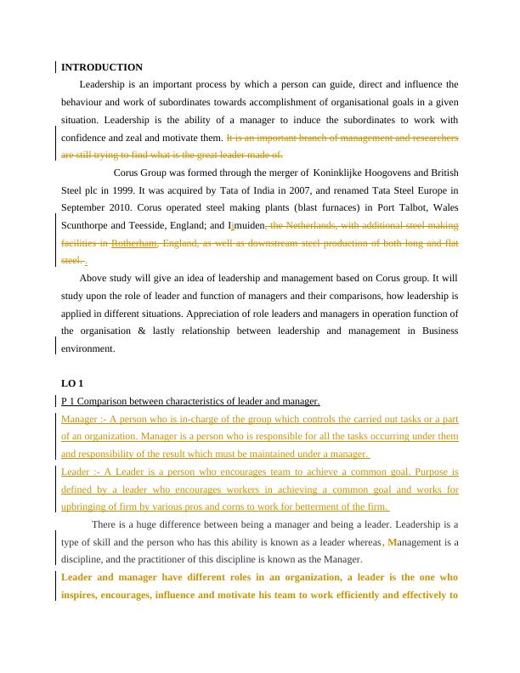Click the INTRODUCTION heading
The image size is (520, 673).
(x=102, y=67)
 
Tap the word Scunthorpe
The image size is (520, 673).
(x=85, y=226)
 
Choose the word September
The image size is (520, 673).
(x=82, y=208)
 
